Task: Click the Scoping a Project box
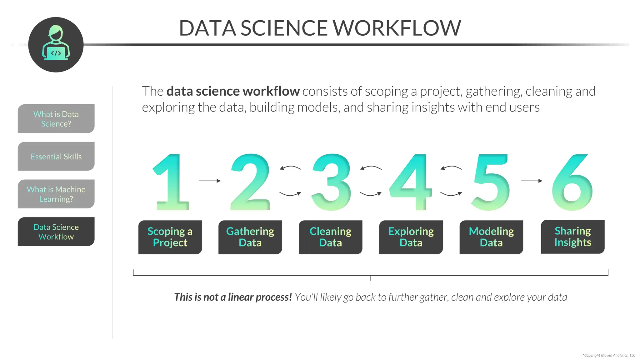(x=170, y=237)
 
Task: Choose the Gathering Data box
(x=250, y=237)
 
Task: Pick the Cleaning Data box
(x=330, y=237)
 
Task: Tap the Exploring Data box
(x=411, y=237)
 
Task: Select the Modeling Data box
(x=491, y=237)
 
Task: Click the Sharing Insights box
(x=572, y=237)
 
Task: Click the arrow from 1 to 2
(x=210, y=181)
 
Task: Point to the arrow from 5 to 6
(x=531, y=181)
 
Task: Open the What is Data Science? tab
(x=56, y=119)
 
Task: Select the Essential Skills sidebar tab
(x=56, y=156)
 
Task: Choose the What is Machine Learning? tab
(x=56, y=194)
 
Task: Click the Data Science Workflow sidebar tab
(x=56, y=232)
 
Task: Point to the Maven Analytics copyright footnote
(x=608, y=355)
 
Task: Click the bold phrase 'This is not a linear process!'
(x=233, y=297)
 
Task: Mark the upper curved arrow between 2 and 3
(x=290, y=168)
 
